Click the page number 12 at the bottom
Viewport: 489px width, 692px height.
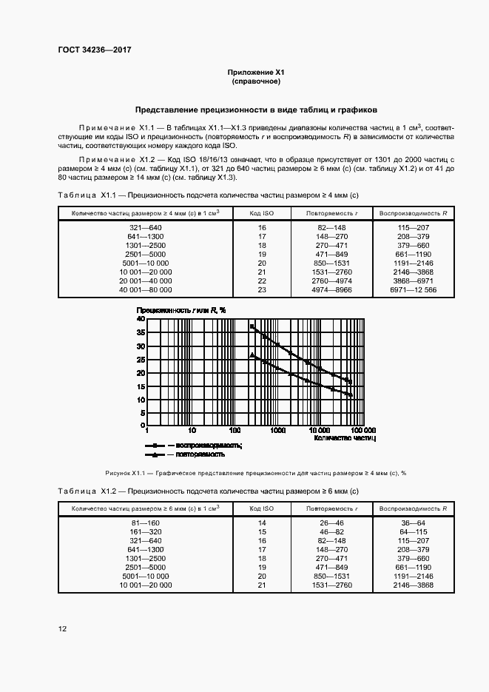[63, 628]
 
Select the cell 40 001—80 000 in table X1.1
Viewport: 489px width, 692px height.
[145, 289]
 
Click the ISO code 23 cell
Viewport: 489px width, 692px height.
[262, 289]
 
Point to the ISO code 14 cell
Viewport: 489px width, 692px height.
[262, 523]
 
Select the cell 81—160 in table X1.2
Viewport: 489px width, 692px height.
[145, 523]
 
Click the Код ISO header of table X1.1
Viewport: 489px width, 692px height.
[262, 213]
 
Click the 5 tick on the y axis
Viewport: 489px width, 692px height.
[142, 414]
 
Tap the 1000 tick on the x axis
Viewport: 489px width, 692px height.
[277, 430]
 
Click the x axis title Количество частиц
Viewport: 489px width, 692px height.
[345, 438]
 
